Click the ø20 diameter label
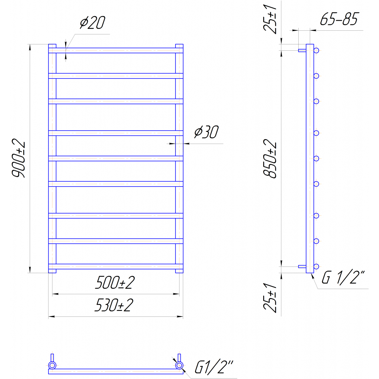click(93, 23)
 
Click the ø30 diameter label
click(207, 132)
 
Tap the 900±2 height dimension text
click(19, 158)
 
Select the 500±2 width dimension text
click(115, 282)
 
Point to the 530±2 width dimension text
click(114, 305)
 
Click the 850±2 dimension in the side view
click(270, 158)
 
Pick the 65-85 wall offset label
click(339, 19)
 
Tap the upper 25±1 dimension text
click(270, 19)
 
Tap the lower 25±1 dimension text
click(270, 298)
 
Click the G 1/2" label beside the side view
click(343, 278)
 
